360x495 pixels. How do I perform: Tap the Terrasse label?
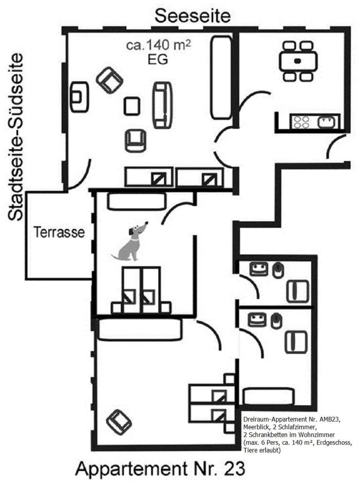[x=59, y=232]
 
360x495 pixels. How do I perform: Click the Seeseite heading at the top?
[x=193, y=16]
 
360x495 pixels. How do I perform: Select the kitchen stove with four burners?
[x=302, y=122]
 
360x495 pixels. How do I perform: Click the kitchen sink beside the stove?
[x=326, y=122]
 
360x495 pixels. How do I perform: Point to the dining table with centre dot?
[x=298, y=61]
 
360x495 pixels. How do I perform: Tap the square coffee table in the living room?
[x=132, y=106]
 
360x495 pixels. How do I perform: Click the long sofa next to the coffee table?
[x=163, y=105]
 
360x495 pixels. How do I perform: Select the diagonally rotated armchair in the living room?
[x=110, y=81]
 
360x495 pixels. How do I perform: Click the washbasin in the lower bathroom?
[x=257, y=320]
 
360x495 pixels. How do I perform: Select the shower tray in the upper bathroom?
[x=297, y=291]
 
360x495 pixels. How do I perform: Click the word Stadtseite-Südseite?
[x=15, y=137]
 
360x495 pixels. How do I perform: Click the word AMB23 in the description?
[x=329, y=419]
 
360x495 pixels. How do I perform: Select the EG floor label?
[x=158, y=60]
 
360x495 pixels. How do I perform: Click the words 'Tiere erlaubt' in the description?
[x=262, y=450]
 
